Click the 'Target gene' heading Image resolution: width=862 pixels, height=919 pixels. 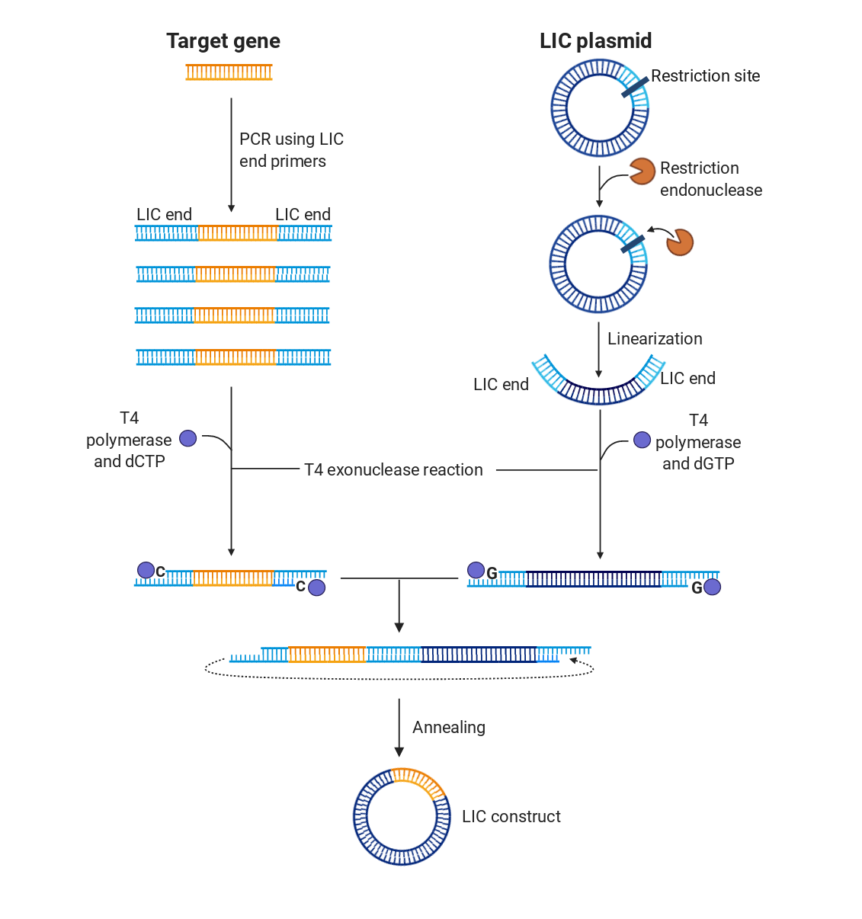pyautogui.click(x=223, y=41)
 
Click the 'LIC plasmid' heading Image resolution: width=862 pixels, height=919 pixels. pyautogui.click(x=595, y=41)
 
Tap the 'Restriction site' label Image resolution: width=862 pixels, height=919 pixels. pyautogui.click(x=705, y=76)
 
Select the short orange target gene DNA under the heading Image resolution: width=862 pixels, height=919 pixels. pyautogui.click(x=229, y=72)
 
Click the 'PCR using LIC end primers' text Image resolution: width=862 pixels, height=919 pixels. pyautogui.click(x=290, y=150)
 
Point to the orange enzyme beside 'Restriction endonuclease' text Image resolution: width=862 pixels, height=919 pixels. pyautogui.click(x=642, y=171)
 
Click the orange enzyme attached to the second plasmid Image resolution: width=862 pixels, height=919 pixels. pyautogui.click(x=679, y=242)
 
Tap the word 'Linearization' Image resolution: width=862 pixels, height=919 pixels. pyautogui.click(x=655, y=339)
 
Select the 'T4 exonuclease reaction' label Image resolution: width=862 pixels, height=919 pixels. pyautogui.click(x=393, y=470)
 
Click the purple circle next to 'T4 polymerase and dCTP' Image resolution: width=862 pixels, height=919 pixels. pyautogui.click(x=188, y=438)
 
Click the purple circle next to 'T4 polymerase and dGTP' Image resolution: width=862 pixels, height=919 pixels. pyautogui.click(x=642, y=440)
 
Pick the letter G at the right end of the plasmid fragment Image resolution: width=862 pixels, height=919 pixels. pyautogui.click(x=697, y=588)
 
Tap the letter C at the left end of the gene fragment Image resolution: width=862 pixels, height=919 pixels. pyautogui.click(x=160, y=572)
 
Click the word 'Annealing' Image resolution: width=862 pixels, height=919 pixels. pyautogui.click(x=448, y=728)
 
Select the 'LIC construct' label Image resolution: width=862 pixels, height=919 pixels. pyautogui.click(x=511, y=817)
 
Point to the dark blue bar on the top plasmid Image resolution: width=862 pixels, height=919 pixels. pyautogui.click(x=634, y=87)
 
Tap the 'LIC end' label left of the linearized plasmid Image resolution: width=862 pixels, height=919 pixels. pyautogui.click(x=501, y=385)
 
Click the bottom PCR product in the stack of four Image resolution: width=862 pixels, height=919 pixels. pyautogui.click(x=233, y=357)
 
